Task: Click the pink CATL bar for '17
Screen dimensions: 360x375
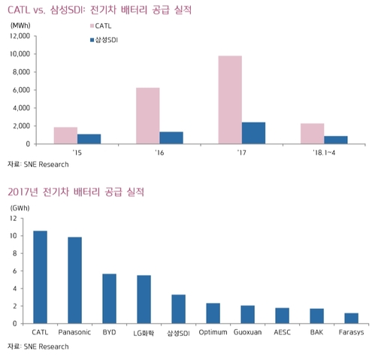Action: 230,99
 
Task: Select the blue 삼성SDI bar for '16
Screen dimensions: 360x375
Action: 171,138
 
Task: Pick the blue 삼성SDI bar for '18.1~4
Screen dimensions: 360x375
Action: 336,139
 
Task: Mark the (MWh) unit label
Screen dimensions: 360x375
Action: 21,25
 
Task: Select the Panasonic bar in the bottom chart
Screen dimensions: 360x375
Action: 74,280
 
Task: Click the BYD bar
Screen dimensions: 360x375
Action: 109,298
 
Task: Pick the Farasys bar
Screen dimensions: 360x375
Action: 351,318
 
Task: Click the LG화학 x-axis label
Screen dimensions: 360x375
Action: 143,331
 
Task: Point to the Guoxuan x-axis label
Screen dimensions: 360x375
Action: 247,331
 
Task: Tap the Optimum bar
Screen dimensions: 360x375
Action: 213,313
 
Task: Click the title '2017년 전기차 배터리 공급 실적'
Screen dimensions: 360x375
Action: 76,192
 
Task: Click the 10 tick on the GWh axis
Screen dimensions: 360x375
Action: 13,236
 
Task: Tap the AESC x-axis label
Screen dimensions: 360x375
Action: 282,331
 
